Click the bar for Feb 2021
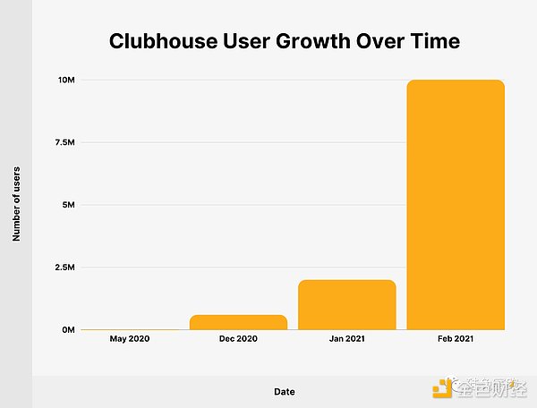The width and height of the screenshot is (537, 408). (x=456, y=205)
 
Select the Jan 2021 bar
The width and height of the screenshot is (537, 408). (x=347, y=305)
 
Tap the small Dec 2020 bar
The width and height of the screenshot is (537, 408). (x=239, y=322)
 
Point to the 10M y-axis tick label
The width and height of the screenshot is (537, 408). (x=65, y=81)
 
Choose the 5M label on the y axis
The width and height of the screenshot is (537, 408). (x=67, y=205)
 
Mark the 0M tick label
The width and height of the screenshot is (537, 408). (x=67, y=330)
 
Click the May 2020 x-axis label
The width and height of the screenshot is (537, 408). (x=131, y=339)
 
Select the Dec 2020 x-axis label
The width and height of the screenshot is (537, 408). (x=239, y=339)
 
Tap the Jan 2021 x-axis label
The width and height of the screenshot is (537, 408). (x=347, y=339)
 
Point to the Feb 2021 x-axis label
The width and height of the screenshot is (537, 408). (x=456, y=339)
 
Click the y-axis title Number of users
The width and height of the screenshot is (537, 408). (x=16, y=203)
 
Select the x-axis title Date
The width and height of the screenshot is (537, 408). (x=285, y=391)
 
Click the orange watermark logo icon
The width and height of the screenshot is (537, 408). (x=443, y=387)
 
